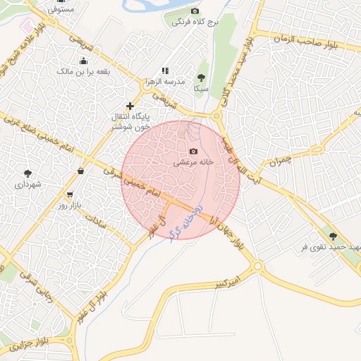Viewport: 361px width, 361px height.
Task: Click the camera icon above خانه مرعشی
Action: tap(194, 152)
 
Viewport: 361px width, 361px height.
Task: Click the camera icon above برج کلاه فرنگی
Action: tap(195, 11)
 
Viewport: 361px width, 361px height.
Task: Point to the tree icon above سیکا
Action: tap(201, 78)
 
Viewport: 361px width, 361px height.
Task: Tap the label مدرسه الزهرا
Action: tap(164, 81)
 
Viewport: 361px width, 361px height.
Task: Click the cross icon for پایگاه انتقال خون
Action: tap(130, 106)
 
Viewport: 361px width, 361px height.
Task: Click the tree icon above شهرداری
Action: tap(27, 173)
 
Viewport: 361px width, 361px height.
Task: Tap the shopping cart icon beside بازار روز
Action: tap(69, 194)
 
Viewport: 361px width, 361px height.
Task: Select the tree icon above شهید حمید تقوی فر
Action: tap(333, 236)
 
